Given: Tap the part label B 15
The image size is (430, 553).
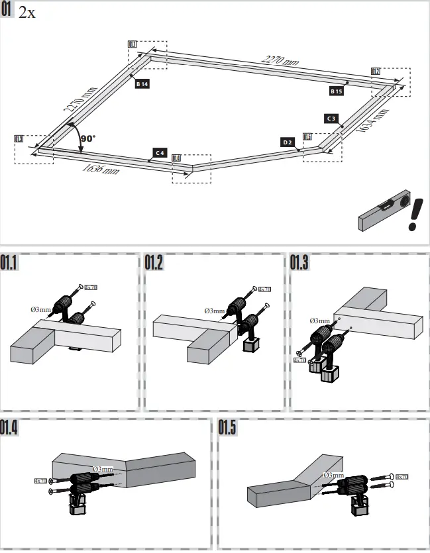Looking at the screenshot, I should (x=337, y=91).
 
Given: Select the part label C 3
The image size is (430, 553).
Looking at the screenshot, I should (x=333, y=119).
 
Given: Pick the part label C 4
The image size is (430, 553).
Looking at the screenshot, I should (x=159, y=152).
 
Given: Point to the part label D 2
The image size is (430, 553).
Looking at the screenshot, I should (x=288, y=142).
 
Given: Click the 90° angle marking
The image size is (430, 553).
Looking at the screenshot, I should (x=87, y=138).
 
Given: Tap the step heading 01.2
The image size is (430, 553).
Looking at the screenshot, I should (x=154, y=263).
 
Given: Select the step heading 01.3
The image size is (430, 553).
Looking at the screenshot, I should (x=299, y=263).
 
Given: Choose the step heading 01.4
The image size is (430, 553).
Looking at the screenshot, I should (x=10, y=428).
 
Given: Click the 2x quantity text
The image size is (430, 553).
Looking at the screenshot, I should (x=27, y=13).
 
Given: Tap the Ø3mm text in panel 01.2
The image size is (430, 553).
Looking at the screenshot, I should (x=215, y=310).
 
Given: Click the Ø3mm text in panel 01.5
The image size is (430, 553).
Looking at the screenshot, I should (x=333, y=475).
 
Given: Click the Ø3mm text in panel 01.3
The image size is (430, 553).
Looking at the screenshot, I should (x=319, y=321).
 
